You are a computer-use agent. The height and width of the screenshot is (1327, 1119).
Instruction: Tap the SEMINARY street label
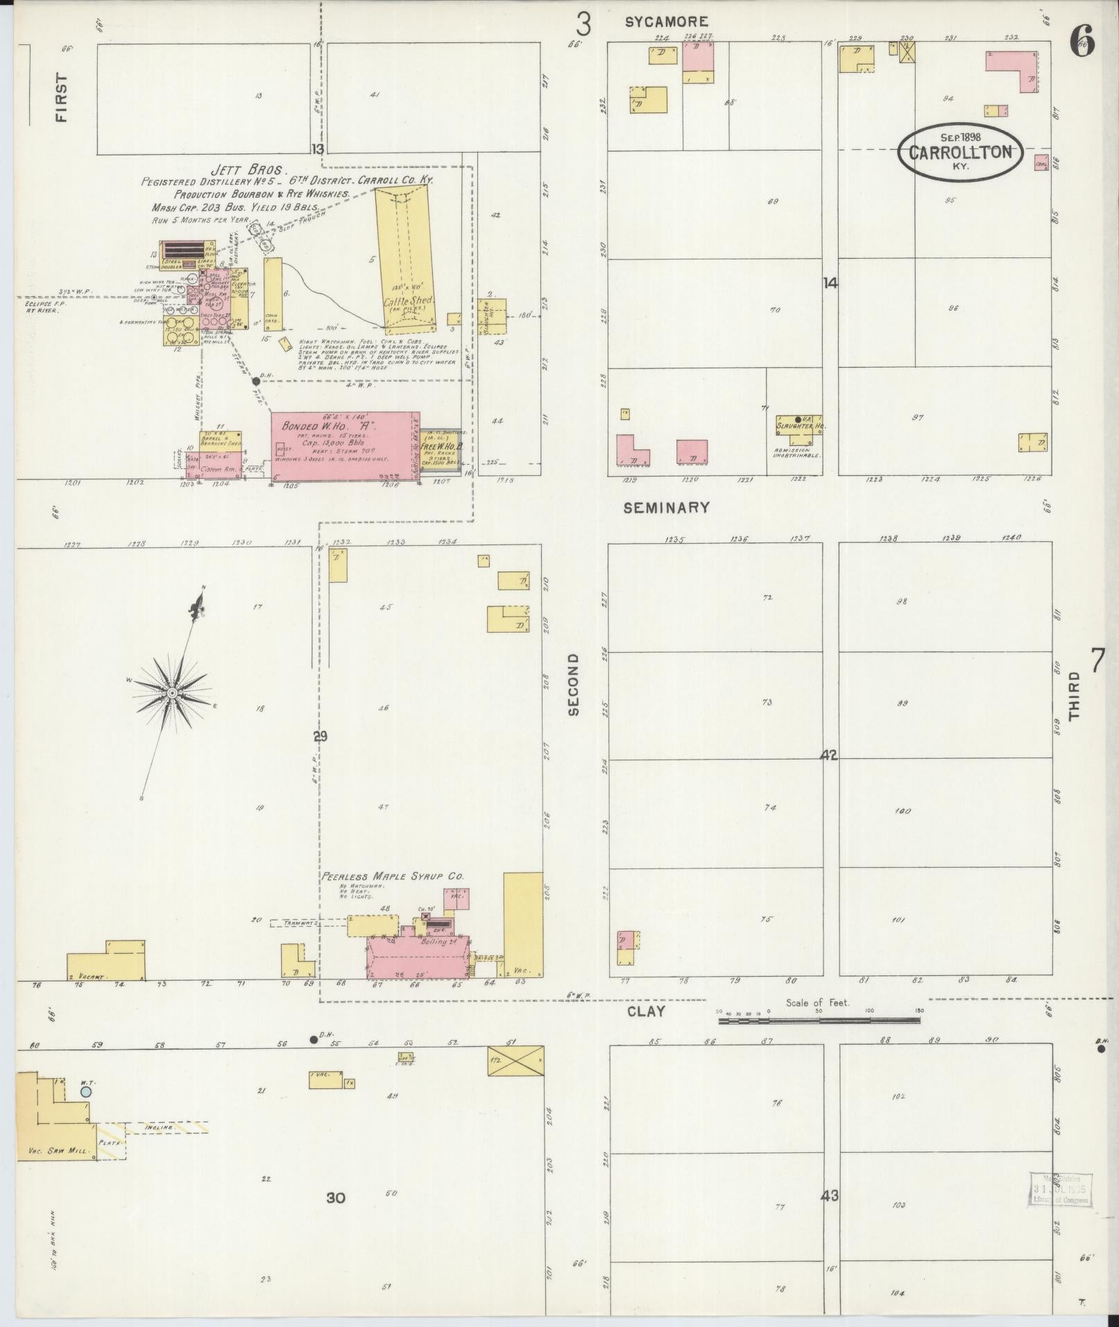click(666, 508)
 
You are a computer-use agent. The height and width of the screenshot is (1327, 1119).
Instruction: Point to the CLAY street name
click(646, 1011)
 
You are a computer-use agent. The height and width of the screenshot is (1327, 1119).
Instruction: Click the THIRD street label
click(1075, 696)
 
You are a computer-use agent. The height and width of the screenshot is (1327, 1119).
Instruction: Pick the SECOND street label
click(573, 684)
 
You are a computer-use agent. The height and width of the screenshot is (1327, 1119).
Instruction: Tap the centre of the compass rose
click(172, 692)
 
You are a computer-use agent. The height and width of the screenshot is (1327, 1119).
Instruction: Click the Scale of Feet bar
click(819, 1020)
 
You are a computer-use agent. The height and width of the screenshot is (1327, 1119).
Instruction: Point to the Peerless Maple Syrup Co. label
click(392, 876)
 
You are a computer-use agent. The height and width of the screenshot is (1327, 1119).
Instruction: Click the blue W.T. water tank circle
click(85, 1091)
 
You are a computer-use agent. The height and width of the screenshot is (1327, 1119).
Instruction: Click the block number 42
click(829, 755)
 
